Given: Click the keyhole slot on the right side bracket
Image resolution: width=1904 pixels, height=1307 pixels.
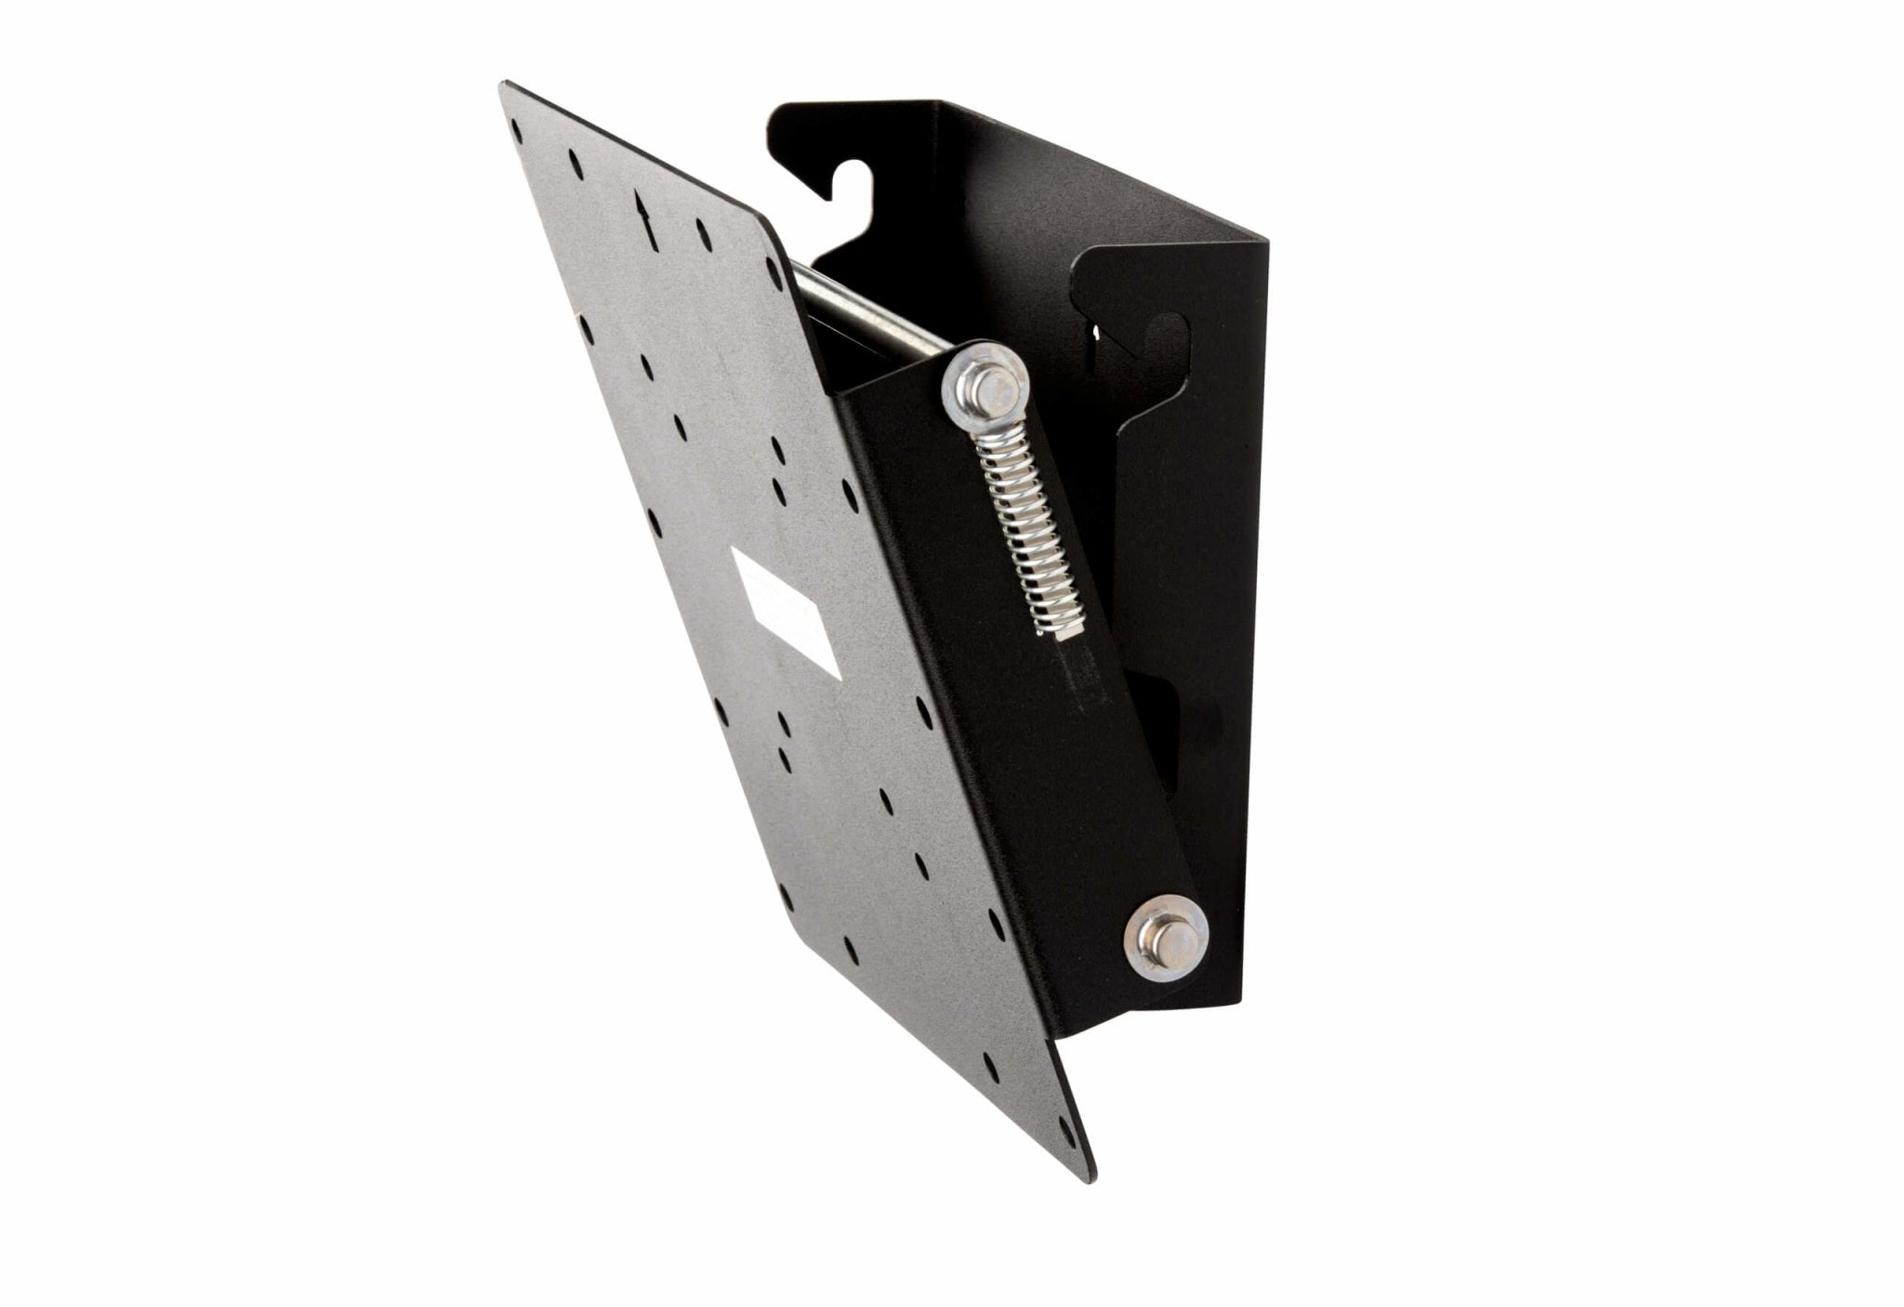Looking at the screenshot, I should [x=1166, y=337].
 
